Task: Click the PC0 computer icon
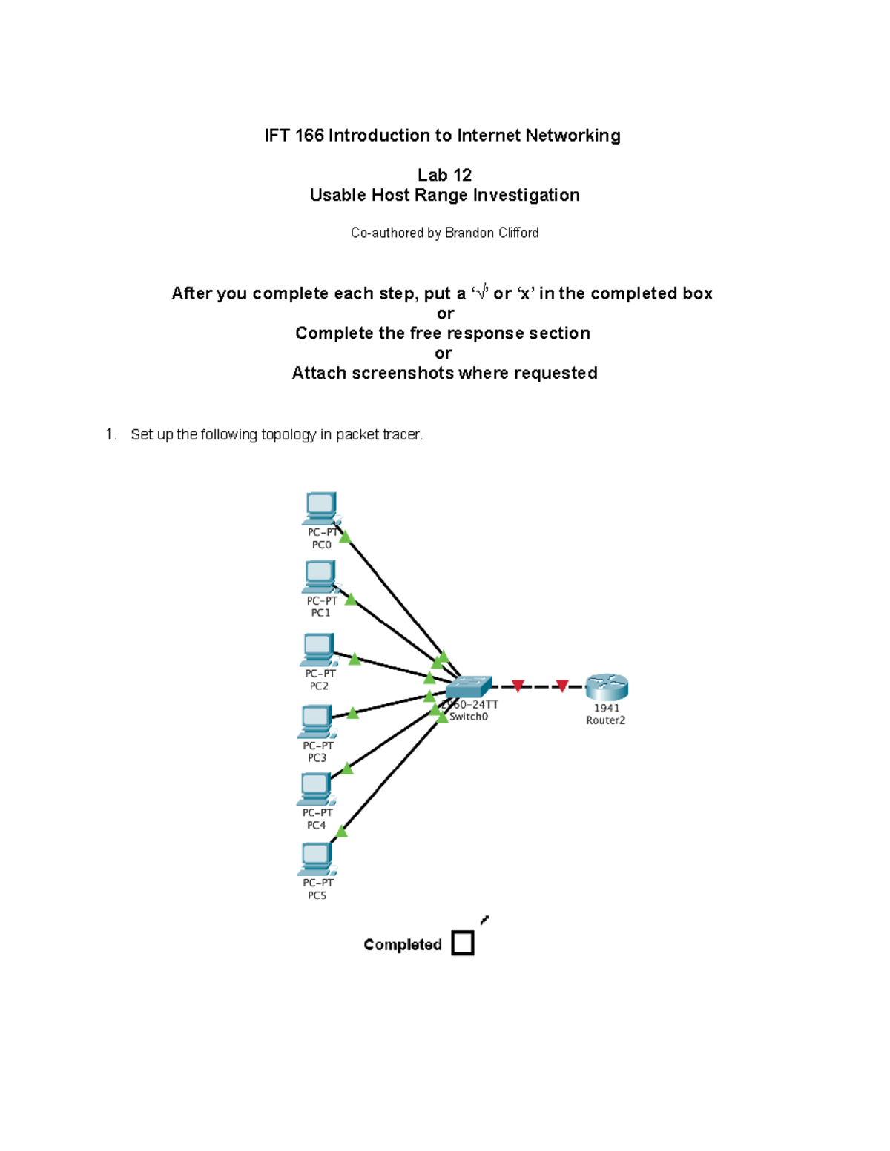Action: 321,508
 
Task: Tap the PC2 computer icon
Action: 318,649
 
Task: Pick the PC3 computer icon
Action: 317,721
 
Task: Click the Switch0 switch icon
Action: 469,686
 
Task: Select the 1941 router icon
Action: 607,687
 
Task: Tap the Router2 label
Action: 605,720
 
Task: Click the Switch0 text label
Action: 469,717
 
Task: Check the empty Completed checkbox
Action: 463,943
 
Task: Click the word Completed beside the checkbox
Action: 402,944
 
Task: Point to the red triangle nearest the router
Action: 562,686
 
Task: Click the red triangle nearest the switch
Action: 518,686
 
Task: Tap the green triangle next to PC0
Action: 345,537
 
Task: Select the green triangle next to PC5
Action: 341,832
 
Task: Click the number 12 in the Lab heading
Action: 462,175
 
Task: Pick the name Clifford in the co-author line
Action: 518,233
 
